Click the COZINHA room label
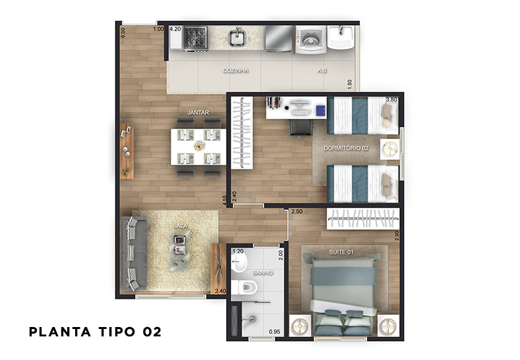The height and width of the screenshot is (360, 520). [235, 71]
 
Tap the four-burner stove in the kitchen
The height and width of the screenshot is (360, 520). [196, 38]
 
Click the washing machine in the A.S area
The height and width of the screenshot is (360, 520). [310, 40]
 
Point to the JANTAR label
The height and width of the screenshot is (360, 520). [198, 113]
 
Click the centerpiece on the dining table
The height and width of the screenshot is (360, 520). [199, 146]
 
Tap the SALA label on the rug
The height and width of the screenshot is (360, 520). [180, 226]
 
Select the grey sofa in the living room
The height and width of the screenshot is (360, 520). [133, 253]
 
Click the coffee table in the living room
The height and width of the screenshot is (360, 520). [180, 250]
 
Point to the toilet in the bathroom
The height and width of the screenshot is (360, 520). [245, 287]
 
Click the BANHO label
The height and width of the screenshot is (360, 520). [262, 273]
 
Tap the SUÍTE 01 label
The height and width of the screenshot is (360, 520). [341, 252]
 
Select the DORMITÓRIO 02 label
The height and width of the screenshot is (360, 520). [346, 148]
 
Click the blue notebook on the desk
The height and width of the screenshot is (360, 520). [321, 111]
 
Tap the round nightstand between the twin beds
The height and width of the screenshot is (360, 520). [390, 149]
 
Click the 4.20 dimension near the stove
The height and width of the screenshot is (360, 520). [175, 29]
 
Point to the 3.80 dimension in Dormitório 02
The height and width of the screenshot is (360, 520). [391, 100]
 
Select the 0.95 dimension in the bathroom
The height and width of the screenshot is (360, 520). [275, 332]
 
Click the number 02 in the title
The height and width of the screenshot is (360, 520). [152, 332]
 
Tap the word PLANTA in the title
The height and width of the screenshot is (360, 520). [60, 332]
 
